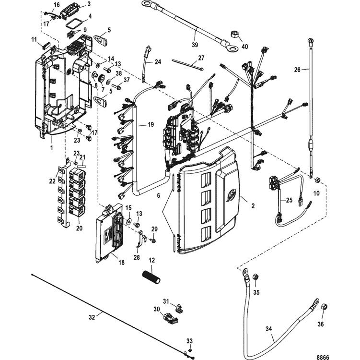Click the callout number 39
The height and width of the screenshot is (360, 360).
pos(195,45)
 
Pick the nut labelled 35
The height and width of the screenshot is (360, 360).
pos(255,277)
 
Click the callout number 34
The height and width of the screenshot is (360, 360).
pos(268,329)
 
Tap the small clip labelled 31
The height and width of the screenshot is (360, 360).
pos(179,308)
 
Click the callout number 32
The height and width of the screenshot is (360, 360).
pos(92,317)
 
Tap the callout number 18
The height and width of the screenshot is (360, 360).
pos(121,262)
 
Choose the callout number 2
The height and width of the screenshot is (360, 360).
pos(253,206)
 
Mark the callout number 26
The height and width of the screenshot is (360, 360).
pos(297,70)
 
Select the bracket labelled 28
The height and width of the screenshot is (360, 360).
pos(141,240)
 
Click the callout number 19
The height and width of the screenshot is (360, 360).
pos(151,125)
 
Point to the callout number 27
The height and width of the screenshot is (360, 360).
pos(201,58)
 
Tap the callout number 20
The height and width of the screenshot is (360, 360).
pos(79,228)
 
